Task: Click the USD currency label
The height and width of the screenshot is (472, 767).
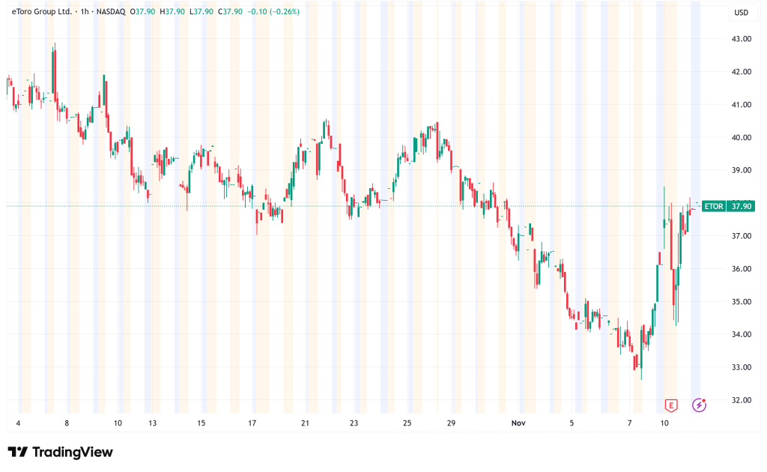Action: (742, 12)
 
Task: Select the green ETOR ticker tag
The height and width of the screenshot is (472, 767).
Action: (715, 206)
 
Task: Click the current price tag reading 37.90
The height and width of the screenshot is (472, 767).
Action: (742, 206)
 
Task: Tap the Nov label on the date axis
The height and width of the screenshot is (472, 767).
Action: (518, 423)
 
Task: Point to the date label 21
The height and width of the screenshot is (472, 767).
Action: (305, 423)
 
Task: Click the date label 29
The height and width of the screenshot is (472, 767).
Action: (452, 423)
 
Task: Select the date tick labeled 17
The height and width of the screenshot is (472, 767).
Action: (252, 423)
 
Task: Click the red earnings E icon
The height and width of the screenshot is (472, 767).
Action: (671, 405)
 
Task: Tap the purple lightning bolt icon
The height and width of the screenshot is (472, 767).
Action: (699, 405)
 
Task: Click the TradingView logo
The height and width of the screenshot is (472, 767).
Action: (60, 452)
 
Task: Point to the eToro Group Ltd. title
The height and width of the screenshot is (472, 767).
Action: (43, 12)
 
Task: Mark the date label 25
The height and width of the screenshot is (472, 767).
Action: (407, 423)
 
